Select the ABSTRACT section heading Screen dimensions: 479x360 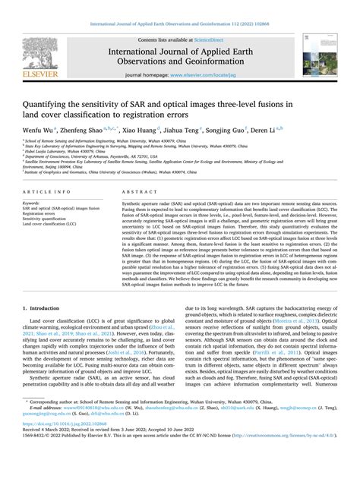tap(138, 214)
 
